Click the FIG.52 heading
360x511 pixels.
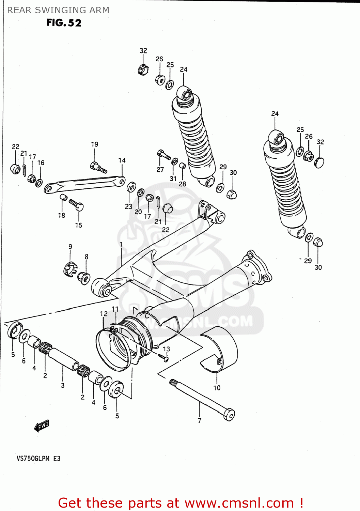(64, 23)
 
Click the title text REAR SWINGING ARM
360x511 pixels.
(58, 10)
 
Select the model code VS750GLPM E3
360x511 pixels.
(38, 458)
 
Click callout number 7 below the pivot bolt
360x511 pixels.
(200, 420)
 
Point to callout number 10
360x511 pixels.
(217, 388)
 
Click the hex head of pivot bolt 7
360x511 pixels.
(229, 415)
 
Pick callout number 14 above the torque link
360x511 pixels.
(122, 160)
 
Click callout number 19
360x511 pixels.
(94, 144)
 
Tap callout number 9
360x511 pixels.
(70, 247)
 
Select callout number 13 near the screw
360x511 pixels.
(166, 349)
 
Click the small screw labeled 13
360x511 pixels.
(165, 358)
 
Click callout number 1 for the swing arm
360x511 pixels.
(121, 245)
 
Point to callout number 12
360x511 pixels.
(104, 313)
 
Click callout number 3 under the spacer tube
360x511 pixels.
(63, 385)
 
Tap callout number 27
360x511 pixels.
(160, 170)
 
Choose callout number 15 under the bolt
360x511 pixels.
(79, 225)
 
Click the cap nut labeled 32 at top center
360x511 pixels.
(143, 69)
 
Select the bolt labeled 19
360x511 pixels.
(98, 167)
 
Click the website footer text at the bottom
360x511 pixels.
(181, 503)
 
